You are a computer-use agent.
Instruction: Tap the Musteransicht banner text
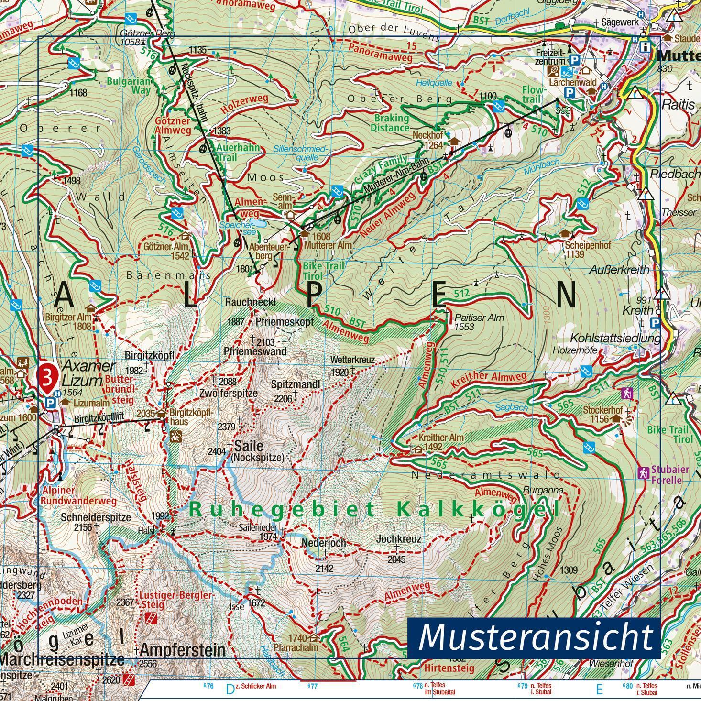tap(535, 637)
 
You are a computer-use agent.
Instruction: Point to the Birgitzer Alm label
tap(68, 317)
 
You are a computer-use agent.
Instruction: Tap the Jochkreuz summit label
tap(399, 539)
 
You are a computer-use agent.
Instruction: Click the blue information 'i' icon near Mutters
tap(646, 47)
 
